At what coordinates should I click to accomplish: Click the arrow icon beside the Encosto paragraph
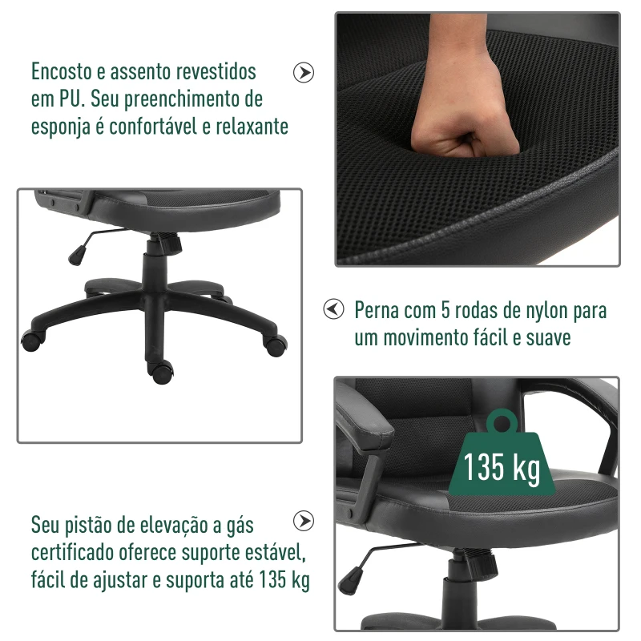coord(304,72)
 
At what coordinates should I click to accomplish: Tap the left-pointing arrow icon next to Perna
coord(333,309)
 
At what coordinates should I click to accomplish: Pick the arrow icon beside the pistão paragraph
coord(304,522)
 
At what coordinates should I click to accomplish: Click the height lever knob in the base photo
coord(77,253)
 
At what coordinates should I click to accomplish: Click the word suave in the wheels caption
coord(549,338)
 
